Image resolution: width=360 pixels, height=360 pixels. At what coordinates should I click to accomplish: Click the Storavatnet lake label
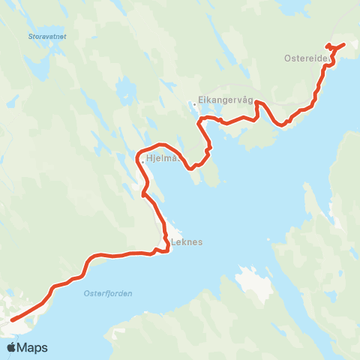pos(45,35)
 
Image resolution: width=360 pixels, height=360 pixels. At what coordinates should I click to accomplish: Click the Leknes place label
pos(187,243)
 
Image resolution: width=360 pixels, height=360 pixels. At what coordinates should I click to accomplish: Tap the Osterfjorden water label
pos(106,293)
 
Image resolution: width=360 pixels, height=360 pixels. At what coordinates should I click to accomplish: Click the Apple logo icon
pos(12,347)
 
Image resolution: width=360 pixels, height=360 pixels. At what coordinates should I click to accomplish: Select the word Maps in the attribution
pos(33,347)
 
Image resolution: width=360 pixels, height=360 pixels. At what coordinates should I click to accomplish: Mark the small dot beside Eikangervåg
pos(194,104)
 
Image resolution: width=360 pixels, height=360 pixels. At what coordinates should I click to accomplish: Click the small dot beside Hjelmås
pos(142,160)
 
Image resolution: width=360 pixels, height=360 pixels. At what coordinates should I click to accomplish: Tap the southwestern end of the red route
pos(12,321)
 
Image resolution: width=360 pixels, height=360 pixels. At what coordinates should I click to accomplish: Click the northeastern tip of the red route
pos(343,45)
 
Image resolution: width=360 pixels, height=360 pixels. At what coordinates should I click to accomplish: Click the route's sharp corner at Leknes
pos(167,250)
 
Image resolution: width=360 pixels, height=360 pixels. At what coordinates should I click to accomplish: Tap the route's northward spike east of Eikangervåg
pos(257,103)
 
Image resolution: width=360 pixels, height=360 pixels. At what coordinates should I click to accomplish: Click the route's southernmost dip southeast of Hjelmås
pos(193,169)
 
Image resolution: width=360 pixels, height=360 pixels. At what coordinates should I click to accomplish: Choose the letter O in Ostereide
pos(288,58)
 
